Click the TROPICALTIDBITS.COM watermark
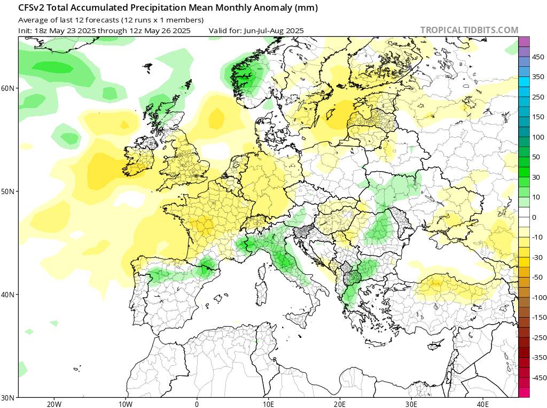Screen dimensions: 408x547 469,30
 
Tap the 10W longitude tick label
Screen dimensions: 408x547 125,404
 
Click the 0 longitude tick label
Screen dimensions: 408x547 197,404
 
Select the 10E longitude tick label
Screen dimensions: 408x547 269,404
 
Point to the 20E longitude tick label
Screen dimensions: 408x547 340,404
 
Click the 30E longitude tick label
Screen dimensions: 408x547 412,404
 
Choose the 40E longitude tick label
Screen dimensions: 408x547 483,404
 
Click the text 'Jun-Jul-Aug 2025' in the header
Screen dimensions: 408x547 273,30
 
